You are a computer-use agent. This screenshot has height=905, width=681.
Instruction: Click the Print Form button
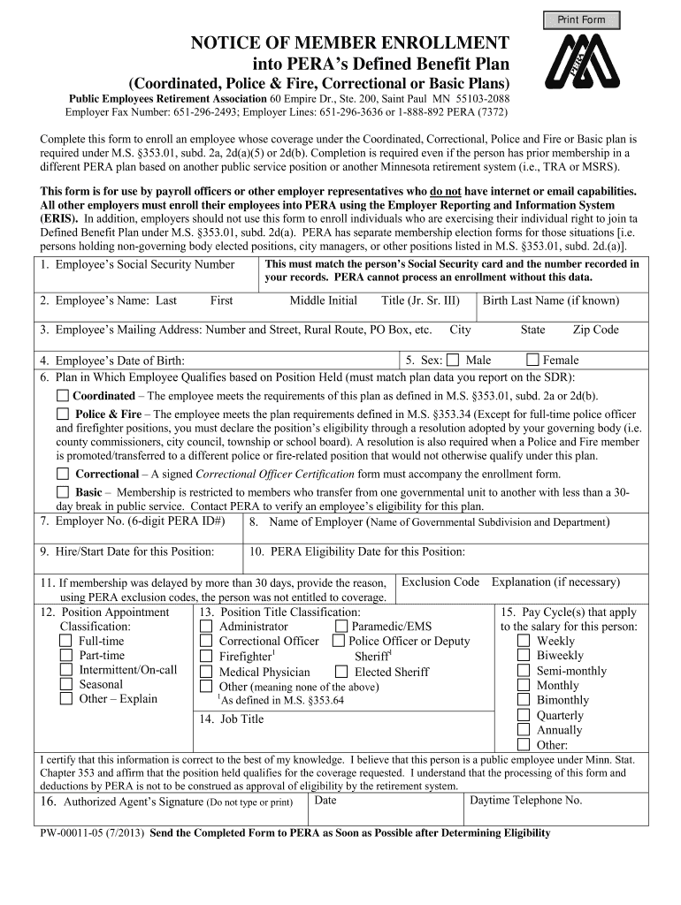pyautogui.click(x=581, y=19)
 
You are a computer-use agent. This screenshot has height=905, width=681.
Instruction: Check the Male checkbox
pyautogui.click(x=453, y=360)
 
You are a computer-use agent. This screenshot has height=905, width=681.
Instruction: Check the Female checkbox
pyautogui.click(x=532, y=360)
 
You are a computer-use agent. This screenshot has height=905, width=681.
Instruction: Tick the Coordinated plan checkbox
pyautogui.click(x=63, y=396)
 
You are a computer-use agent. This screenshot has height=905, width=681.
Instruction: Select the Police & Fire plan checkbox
pyautogui.click(x=63, y=414)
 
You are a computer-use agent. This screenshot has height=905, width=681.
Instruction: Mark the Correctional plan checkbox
pyautogui.click(x=63, y=474)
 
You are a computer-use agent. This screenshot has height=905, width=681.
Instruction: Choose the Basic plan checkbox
pyautogui.click(x=63, y=491)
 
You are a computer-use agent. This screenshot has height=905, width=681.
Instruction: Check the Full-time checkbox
pyautogui.click(x=65, y=641)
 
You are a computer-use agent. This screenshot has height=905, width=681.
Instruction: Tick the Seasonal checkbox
pyautogui.click(x=65, y=684)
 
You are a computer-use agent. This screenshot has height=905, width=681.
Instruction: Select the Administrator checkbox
pyautogui.click(x=206, y=627)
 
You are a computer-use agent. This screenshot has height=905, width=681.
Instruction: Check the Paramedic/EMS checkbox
pyautogui.click(x=341, y=627)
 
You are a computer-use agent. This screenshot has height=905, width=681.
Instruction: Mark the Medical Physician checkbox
pyautogui.click(x=206, y=672)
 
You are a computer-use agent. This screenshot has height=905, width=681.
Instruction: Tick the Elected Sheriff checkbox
pyautogui.click(x=341, y=672)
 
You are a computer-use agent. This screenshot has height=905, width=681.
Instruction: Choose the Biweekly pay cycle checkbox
pyautogui.click(x=523, y=656)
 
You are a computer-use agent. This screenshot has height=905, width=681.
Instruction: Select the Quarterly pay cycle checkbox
pyautogui.click(x=523, y=715)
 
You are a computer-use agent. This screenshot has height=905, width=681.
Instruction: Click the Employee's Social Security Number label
pyautogui.click(x=137, y=264)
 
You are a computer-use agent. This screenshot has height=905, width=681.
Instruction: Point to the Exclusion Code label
pyautogui.click(x=440, y=582)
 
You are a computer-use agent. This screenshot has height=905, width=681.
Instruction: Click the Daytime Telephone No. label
pyautogui.click(x=525, y=800)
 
